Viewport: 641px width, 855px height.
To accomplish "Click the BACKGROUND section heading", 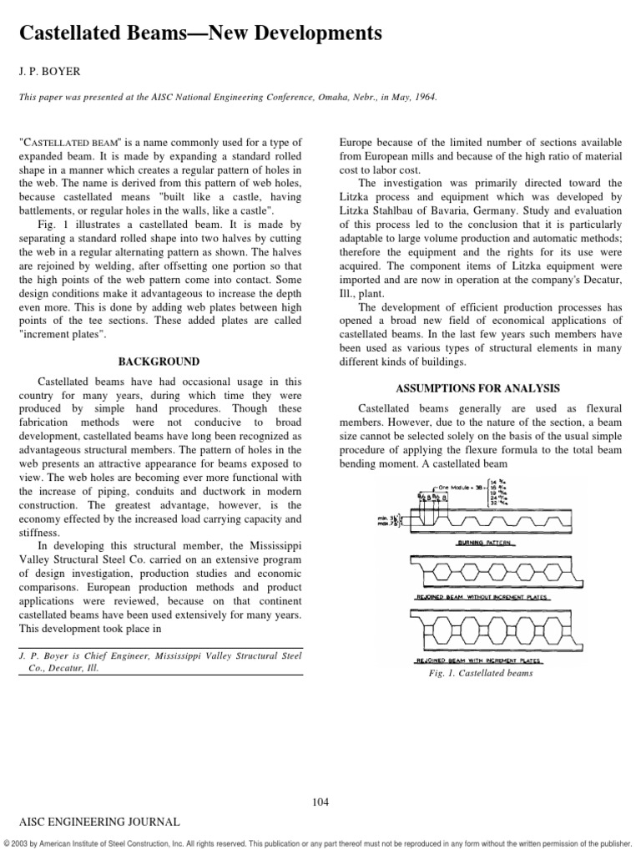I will click(x=159, y=362).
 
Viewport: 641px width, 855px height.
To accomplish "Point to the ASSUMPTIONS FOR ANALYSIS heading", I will click(x=477, y=388).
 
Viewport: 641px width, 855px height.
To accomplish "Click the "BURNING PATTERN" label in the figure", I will click(x=477, y=543).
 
